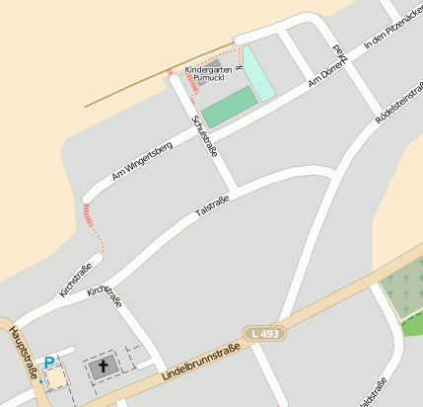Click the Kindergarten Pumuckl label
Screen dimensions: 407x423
206,74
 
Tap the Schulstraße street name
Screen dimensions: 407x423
204,135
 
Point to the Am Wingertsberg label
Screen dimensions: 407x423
142,160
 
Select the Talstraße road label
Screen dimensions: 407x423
212,205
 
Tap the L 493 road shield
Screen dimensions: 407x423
265,334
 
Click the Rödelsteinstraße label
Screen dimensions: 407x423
398,104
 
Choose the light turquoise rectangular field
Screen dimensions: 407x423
257,73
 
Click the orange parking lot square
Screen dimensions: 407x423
56,377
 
